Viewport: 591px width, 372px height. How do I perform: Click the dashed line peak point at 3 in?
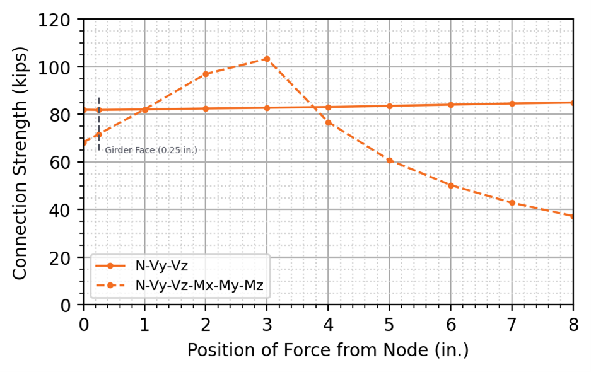pyautogui.click(x=267, y=59)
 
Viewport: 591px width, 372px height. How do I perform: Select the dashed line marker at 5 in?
pyautogui.click(x=390, y=160)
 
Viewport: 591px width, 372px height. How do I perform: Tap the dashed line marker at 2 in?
pyautogui.click(x=206, y=74)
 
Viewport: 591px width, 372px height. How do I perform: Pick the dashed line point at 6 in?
pyautogui.click(x=451, y=185)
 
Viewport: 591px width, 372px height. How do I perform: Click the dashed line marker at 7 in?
pyautogui.click(x=512, y=202)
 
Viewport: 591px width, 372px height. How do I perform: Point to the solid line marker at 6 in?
pyautogui.click(x=451, y=105)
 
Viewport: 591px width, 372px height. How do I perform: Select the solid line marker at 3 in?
pyautogui.click(x=267, y=108)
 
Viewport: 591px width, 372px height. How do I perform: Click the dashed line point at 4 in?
pyautogui.click(x=328, y=122)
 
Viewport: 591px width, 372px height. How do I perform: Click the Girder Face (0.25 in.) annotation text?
pyautogui.click(x=151, y=150)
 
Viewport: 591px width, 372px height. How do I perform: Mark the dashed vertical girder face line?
pyautogui.click(x=98, y=126)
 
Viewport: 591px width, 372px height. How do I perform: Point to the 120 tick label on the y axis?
pyautogui.click(x=60, y=20)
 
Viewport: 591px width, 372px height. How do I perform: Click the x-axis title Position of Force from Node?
pyautogui.click(x=327, y=350)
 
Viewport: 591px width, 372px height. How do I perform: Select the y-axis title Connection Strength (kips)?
pyautogui.click(x=21, y=161)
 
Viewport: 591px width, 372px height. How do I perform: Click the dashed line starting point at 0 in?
pyautogui.click(x=83, y=142)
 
